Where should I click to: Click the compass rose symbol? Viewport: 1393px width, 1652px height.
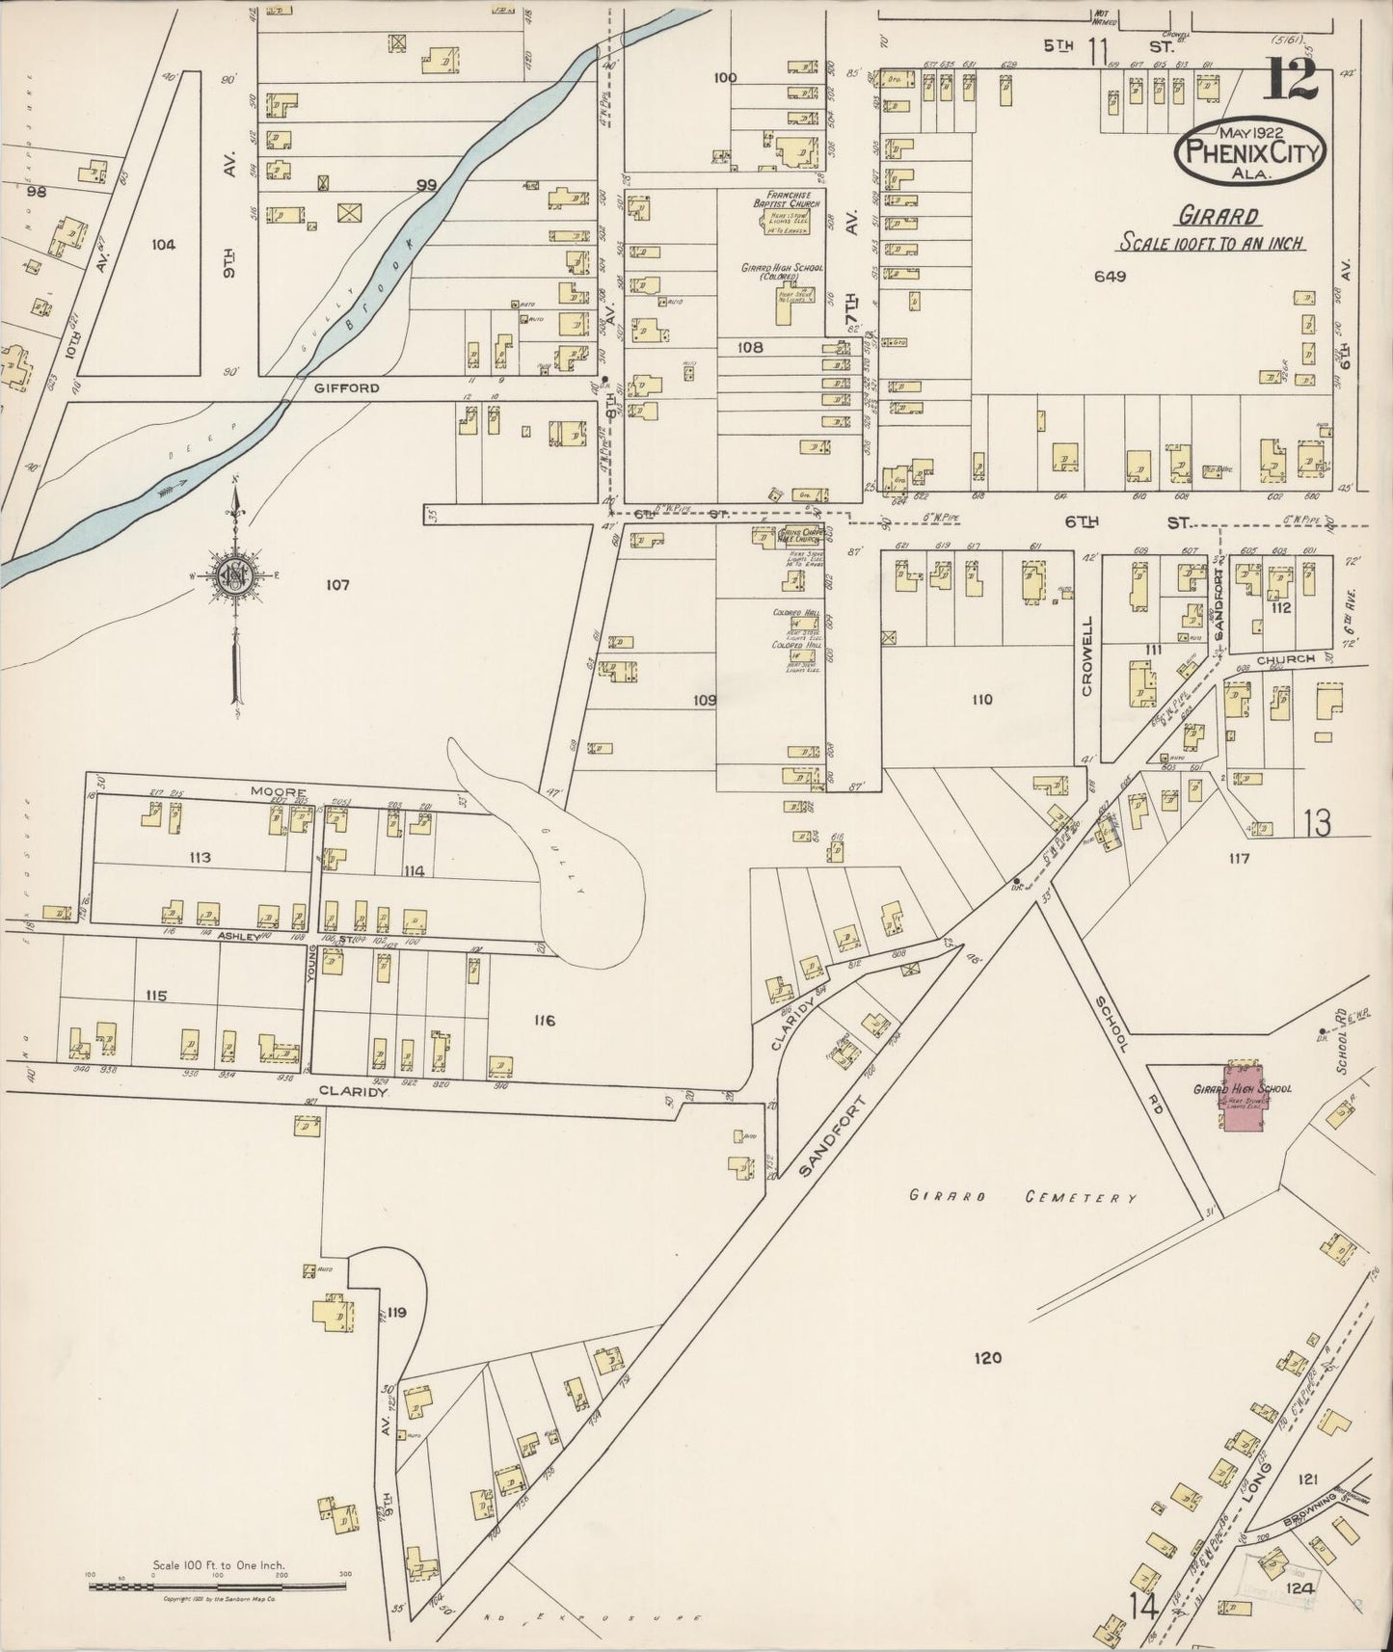pyautogui.click(x=234, y=577)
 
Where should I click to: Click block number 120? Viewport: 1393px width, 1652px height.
pyautogui.click(x=988, y=1358)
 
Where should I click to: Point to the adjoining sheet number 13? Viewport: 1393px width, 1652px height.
pyautogui.click(x=1317, y=822)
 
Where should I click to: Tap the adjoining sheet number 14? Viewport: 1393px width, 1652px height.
pyautogui.click(x=1146, y=1605)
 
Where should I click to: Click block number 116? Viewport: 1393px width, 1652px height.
pyautogui.click(x=543, y=1021)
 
